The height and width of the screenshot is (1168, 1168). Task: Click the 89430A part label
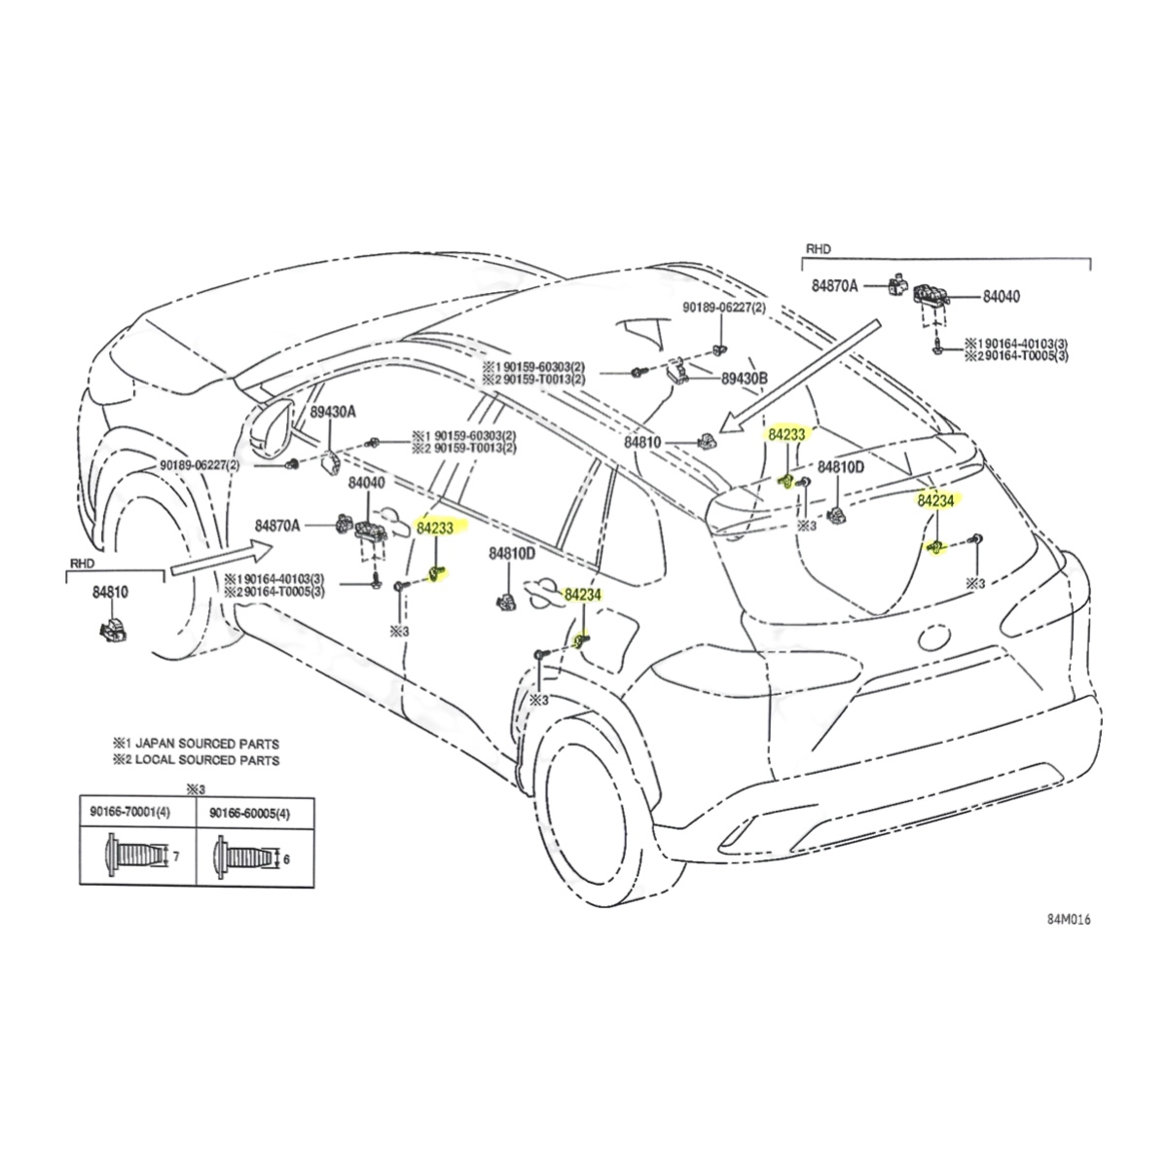point(333,413)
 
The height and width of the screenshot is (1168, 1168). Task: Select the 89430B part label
point(745,378)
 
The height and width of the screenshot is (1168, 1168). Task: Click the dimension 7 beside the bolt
point(175,857)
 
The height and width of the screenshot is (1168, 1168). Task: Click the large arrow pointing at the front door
point(214,560)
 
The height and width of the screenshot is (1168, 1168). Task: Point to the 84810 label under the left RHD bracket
point(110,590)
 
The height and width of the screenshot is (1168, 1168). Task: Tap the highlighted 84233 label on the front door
point(436,527)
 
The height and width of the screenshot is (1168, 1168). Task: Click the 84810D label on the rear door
point(512,554)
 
